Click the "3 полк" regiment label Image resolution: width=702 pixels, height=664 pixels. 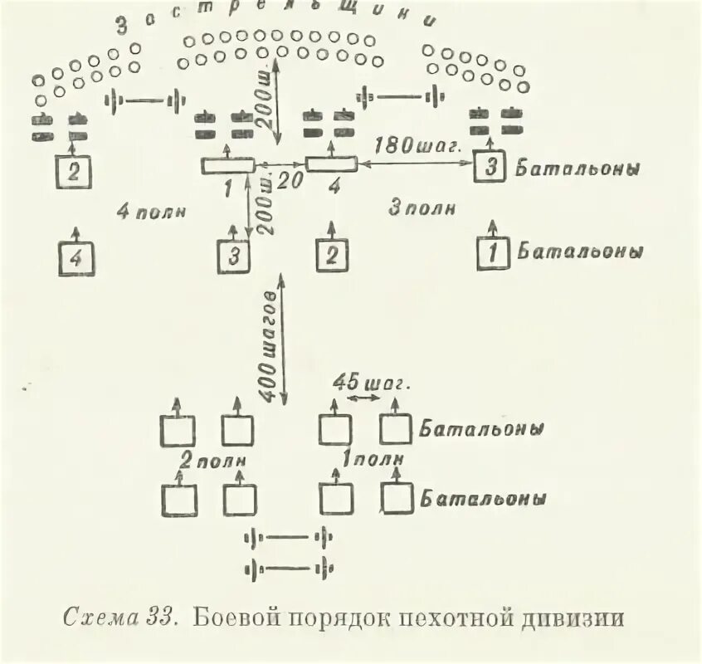422,208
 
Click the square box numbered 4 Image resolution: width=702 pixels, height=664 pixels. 76,258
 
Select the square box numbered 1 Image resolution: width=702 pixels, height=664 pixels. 494,253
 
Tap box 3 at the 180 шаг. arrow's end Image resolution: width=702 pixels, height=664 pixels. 490,166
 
